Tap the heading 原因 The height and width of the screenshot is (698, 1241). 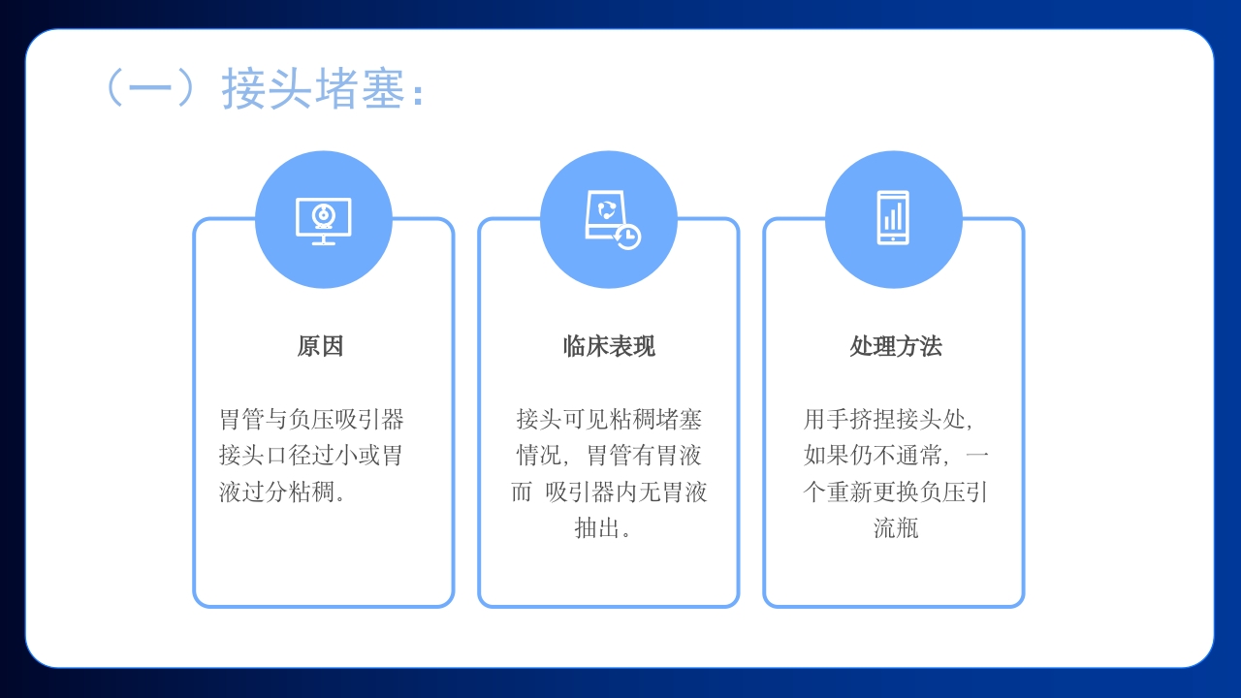pyautogui.click(x=320, y=346)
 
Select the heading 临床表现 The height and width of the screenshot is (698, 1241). pyautogui.click(x=609, y=346)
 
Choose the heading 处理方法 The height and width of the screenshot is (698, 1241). pyautogui.click(x=895, y=346)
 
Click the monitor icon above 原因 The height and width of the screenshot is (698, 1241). pyautogui.click(x=323, y=220)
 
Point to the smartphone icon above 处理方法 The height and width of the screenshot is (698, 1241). pyautogui.click(x=893, y=218)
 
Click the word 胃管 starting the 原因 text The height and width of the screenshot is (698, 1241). pyautogui.click(x=241, y=420)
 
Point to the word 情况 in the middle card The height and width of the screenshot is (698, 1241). pyautogui.click(x=538, y=456)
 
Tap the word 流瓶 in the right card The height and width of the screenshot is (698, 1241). pyautogui.click(x=895, y=528)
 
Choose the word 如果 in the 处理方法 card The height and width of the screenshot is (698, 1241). pyautogui.click(x=826, y=456)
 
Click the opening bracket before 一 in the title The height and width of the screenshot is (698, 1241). pyautogui.click(x=113, y=89)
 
